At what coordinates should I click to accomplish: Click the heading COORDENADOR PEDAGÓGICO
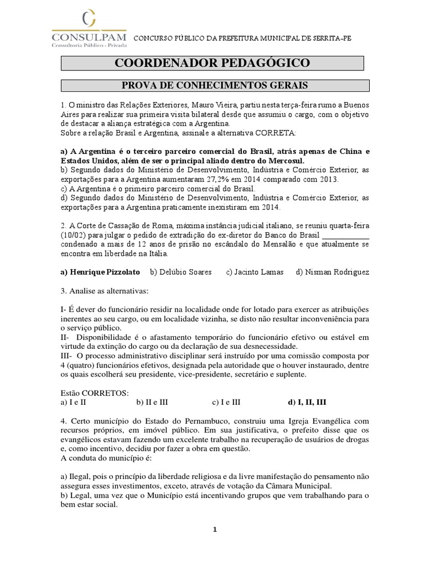[x=212, y=63]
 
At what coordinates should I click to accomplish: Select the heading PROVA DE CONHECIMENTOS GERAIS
[x=215, y=85]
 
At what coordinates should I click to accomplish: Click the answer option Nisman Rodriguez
[x=333, y=272]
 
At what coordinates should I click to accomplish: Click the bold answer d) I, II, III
[x=307, y=402]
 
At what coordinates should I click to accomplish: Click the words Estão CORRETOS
[x=95, y=393]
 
